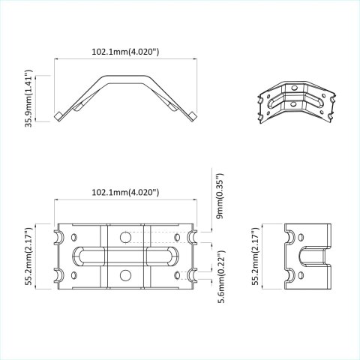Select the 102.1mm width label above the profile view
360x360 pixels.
[124, 52]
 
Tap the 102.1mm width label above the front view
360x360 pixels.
[124, 193]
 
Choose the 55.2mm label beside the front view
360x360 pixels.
[29, 256]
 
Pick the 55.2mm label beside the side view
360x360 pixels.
[256, 256]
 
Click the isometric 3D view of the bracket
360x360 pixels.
[296, 106]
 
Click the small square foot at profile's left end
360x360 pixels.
[58, 115]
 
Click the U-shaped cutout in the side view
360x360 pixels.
[309, 263]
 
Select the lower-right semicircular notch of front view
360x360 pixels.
[193, 274]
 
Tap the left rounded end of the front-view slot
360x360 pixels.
[75, 256]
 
